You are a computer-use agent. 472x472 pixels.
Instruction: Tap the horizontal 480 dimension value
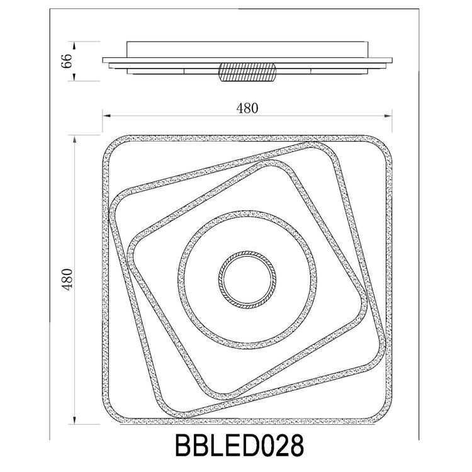[247, 108]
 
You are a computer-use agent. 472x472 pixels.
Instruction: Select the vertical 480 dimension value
[67, 279]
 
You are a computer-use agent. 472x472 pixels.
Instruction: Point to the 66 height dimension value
[67, 61]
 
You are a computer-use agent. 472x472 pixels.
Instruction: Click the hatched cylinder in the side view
[247, 72]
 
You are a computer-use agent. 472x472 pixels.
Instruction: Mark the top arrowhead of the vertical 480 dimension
[74, 139]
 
